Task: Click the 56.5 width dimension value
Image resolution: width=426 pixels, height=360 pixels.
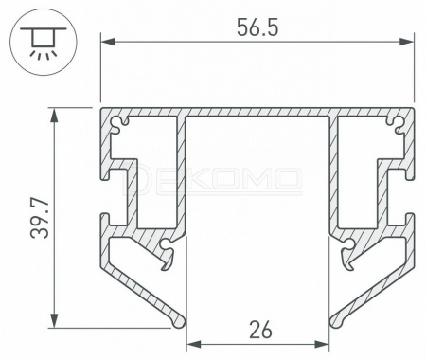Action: [257, 27]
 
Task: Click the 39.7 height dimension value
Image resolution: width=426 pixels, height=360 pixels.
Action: [40, 219]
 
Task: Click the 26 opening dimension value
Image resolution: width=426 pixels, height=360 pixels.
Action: [260, 330]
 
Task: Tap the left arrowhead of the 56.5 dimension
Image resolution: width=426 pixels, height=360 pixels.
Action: [108, 42]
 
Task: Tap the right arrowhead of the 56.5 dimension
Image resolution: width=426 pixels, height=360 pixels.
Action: [406, 42]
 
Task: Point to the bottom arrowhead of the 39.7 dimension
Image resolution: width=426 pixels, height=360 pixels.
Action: [55, 321]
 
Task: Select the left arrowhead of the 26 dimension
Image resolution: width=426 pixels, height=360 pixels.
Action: [193, 344]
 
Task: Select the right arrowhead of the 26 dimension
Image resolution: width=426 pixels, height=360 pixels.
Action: [322, 344]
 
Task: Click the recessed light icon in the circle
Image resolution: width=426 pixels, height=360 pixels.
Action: [44, 42]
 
